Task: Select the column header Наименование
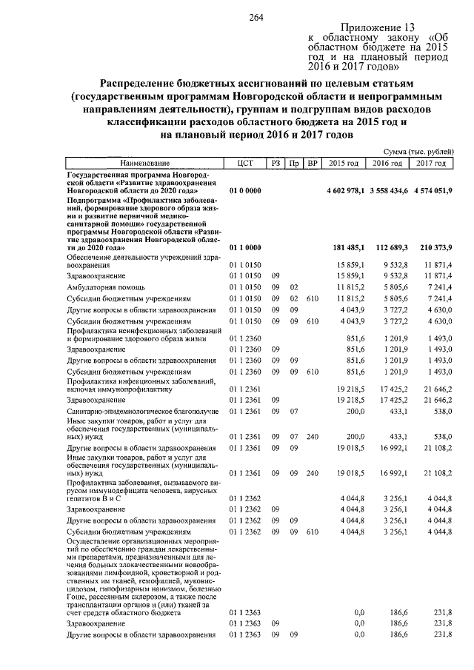point(146,163)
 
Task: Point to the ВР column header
point(313,163)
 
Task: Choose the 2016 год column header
point(387,163)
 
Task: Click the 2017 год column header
point(430,163)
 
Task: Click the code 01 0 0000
point(245,190)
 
